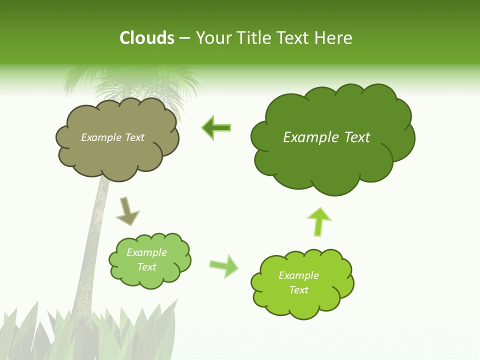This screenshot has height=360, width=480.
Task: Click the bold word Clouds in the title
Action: pos(147,38)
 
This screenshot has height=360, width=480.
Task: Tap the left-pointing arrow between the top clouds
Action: pos(216,128)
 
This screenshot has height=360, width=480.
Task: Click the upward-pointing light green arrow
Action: pos(318,220)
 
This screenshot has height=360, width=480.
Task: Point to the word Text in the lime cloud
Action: pos(298,290)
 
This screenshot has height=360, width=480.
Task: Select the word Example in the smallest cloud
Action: pos(146,252)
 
